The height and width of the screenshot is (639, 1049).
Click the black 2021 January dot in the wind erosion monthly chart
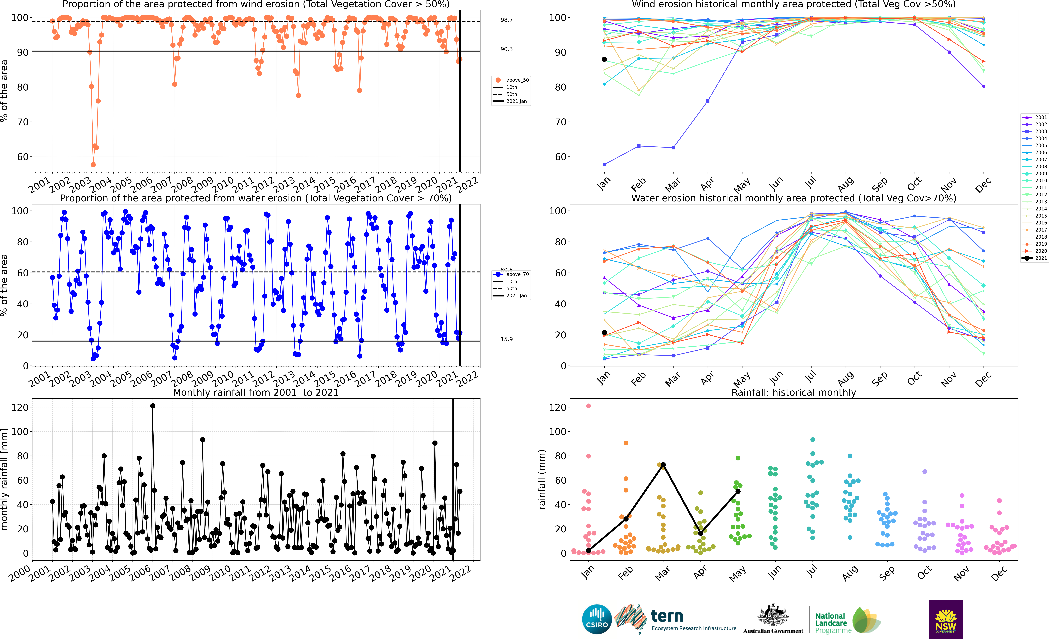[x=604, y=59]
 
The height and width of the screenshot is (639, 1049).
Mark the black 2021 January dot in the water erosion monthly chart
[x=604, y=333]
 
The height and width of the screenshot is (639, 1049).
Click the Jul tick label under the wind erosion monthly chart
[x=811, y=183]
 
